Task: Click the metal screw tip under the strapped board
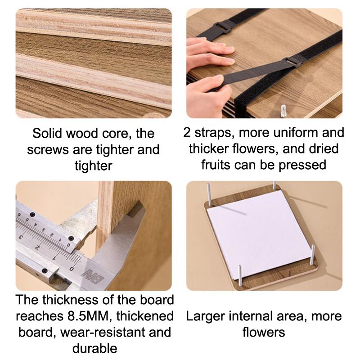pos(284,109)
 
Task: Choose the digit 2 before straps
pos(188,132)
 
